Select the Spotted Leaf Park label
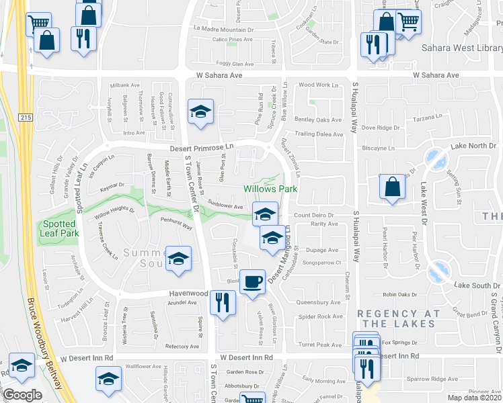(61, 228)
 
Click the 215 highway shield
(26, 118)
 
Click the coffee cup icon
(253, 281)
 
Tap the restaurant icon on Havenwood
(223, 302)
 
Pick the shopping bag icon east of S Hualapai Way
(392, 187)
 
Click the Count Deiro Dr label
(316, 215)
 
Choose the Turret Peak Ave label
(320, 345)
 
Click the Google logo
(22, 396)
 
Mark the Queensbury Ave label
(319, 303)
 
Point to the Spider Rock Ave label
(321, 316)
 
